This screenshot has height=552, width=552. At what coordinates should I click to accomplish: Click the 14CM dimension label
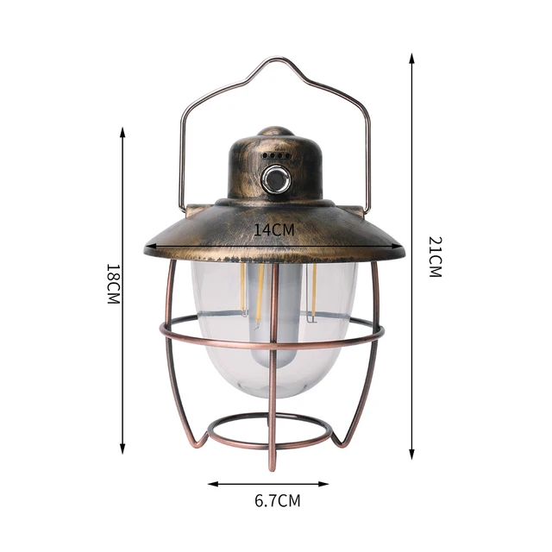(274, 230)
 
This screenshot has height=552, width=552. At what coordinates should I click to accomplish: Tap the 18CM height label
(112, 285)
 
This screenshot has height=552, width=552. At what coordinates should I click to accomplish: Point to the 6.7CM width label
(278, 499)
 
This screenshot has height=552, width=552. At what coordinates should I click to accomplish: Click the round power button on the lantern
(275, 179)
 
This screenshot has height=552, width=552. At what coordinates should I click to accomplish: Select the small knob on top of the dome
(275, 132)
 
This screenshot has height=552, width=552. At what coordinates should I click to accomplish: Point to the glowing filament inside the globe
(257, 293)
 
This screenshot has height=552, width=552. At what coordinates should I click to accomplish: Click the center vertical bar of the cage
(274, 388)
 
